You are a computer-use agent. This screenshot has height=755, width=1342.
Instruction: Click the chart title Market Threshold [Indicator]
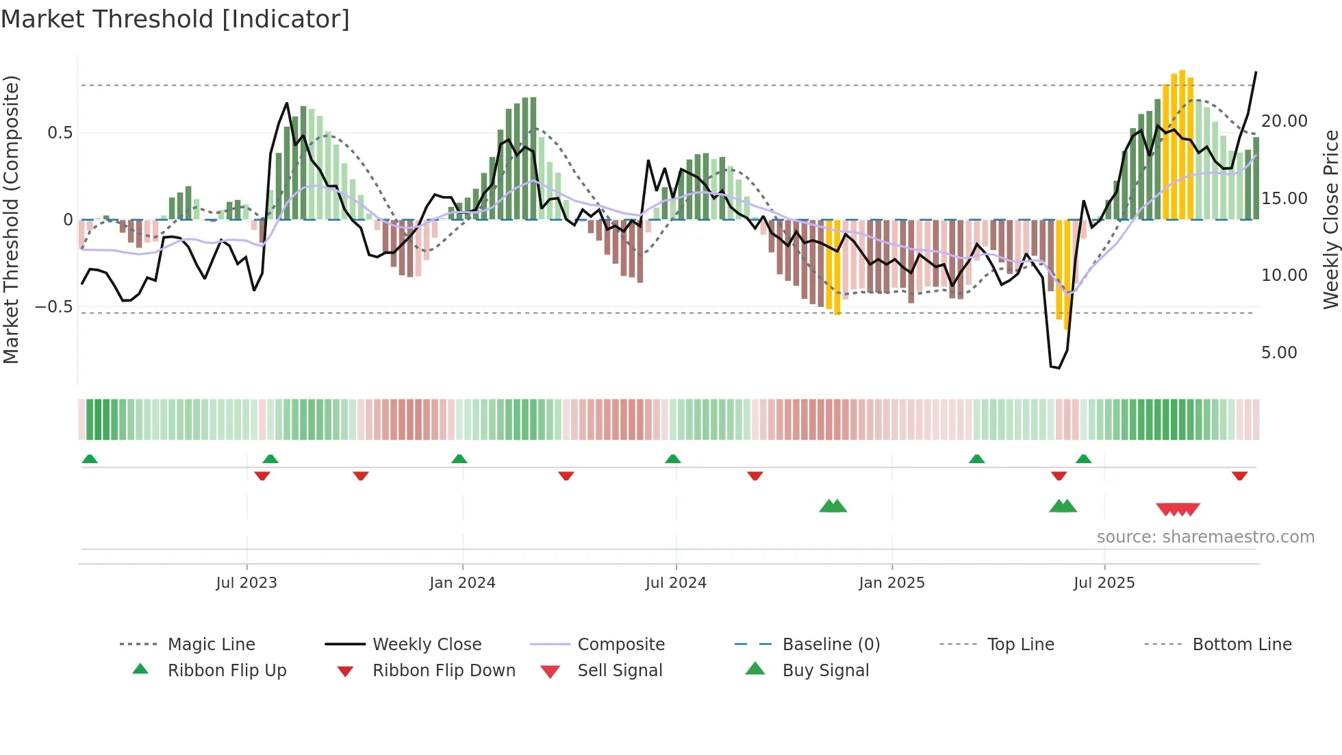point(175,19)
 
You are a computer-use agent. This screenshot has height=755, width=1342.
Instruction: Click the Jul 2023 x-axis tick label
point(246,583)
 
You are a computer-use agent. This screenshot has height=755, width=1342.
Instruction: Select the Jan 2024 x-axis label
point(462,583)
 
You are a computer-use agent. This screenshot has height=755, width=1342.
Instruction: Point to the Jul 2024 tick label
point(676,583)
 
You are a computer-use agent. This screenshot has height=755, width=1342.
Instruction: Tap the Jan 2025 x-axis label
point(891,583)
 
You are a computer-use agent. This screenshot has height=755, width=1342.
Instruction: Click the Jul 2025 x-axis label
point(1104,583)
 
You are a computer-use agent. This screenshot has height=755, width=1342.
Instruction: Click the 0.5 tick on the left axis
point(60,133)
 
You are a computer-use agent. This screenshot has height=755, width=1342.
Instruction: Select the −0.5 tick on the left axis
point(54,307)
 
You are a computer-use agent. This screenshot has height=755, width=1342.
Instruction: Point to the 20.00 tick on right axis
point(1284,121)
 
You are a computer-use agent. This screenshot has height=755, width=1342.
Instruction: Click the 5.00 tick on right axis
point(1279,353)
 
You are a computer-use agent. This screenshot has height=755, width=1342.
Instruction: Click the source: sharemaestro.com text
point(1205,537)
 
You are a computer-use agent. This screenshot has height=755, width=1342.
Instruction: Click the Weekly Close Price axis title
point(1330,219)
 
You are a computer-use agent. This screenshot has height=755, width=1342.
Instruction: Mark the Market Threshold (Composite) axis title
point(11,219)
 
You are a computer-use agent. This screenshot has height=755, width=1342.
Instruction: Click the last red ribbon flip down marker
point(1239,475)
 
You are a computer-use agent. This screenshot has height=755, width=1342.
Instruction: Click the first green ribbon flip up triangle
point(90,459)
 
